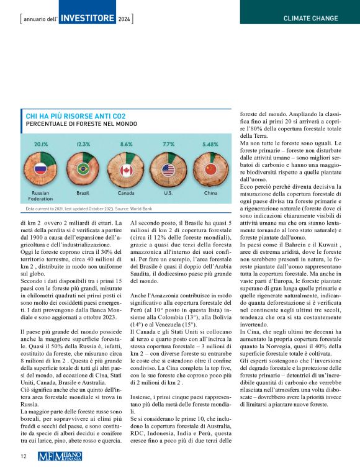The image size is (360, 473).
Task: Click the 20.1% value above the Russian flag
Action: point(41,143)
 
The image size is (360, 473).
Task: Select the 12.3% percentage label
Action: point(83,143)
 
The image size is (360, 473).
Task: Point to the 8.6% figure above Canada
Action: point(126,143)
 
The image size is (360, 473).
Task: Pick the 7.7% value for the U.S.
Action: point(168,143)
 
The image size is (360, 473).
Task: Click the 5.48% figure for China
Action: point(210,143)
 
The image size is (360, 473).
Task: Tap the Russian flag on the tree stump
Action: point(41,169)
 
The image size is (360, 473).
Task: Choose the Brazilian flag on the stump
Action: point(83,169)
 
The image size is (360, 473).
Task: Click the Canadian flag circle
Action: point(126,169)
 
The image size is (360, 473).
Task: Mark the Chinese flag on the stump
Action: point(210,169)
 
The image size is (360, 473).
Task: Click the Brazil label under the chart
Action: point(83,193)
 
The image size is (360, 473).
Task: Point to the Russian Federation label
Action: point(40,196)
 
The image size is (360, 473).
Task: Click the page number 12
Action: point(23,456)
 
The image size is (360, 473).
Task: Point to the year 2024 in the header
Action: point(125,19)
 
